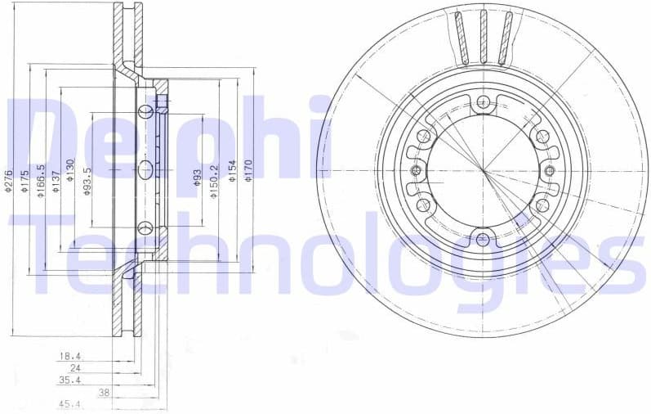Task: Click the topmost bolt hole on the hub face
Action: click(483, 102)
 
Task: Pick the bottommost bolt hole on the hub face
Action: click(483, 239)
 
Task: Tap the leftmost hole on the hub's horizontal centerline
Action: click(416, 171)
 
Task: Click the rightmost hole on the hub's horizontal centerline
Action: click(550, 171)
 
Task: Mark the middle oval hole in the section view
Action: click(145, 170)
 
